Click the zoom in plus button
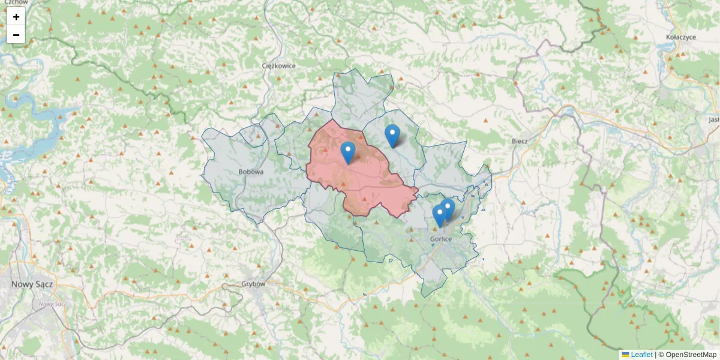pos(16,17)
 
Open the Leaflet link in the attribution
pos(641,355)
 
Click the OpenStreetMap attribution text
pos(691,355)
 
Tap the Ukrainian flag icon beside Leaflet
pos(625,355)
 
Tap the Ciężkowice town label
pos(279,66)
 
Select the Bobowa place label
pos(251,172)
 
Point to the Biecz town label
pos(520,141)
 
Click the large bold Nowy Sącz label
pos(32,284)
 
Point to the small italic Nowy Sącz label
pos(52,304)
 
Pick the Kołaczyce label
pos(680,37)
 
